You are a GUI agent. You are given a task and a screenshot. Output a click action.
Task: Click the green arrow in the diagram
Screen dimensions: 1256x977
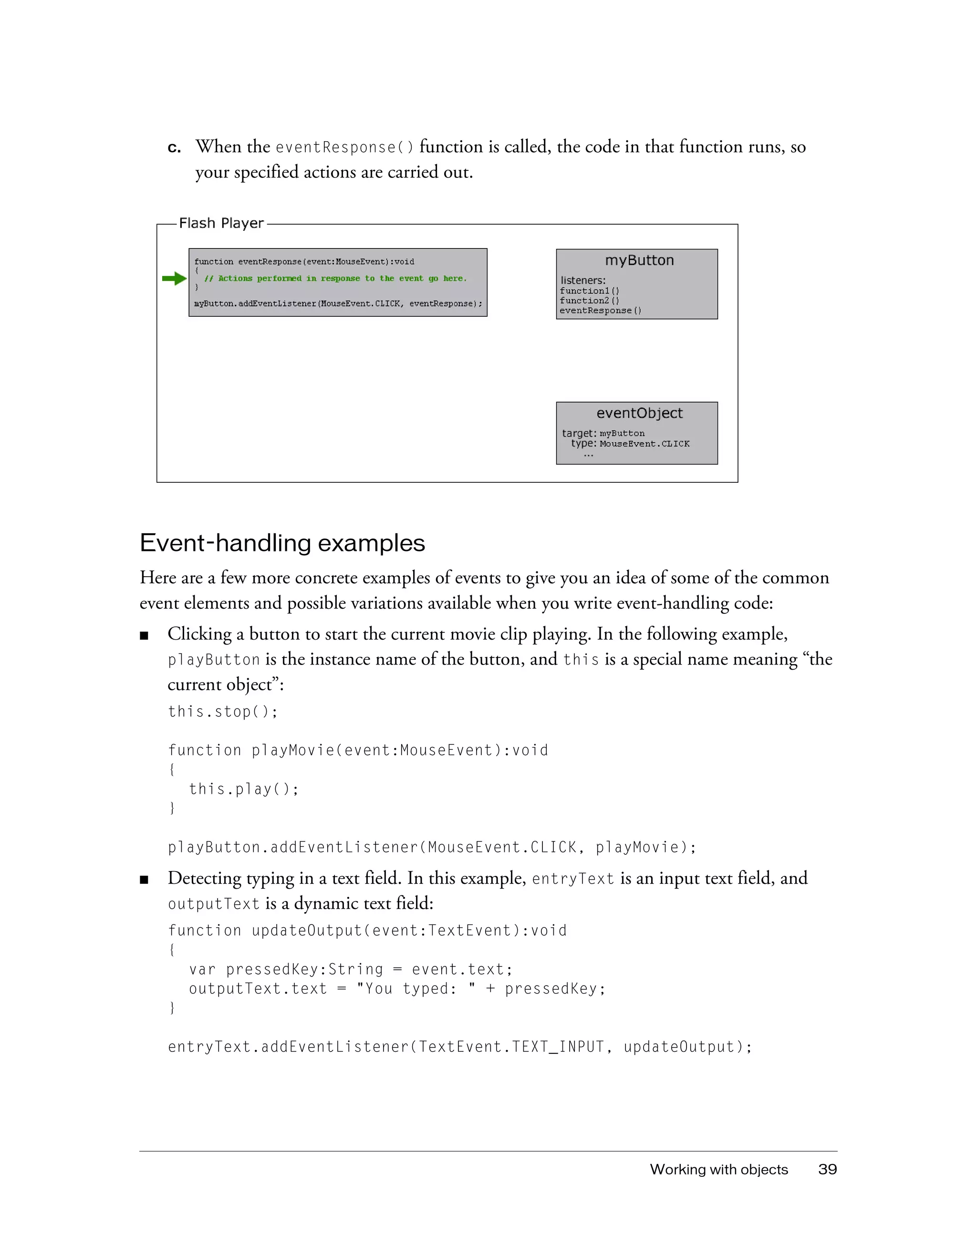click(174, 279)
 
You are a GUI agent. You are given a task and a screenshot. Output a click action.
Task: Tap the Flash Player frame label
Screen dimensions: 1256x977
click(221, 223)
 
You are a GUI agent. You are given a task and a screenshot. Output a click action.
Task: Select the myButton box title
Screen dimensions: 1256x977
click(639, 260)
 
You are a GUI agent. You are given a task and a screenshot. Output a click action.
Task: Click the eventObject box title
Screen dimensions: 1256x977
click(639, 413)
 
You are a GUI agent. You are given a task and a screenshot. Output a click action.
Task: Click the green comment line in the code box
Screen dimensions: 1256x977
click(335, 279)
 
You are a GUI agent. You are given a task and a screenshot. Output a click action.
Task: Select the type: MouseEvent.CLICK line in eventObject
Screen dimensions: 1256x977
click(630, 444)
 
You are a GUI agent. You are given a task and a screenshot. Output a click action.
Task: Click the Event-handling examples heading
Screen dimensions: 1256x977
click(282, 543)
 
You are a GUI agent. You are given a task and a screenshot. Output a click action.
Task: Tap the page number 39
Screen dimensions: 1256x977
click(827, 1169)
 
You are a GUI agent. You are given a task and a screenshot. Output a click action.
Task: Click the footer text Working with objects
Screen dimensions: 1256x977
click(718, 1169)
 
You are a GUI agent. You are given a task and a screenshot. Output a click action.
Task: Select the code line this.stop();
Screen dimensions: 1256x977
click(222, 712)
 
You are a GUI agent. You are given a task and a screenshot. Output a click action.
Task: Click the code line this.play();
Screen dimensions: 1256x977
click(244, 789)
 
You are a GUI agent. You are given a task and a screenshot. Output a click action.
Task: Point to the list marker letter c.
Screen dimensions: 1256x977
click(174, 148)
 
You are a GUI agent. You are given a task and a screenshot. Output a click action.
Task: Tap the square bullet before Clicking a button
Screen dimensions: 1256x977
click(145, 635)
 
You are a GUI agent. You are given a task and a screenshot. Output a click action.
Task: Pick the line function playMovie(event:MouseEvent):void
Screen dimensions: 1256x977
click(358, 750)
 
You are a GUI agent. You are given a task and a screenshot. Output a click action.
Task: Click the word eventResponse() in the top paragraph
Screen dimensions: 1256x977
click(344, 148)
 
